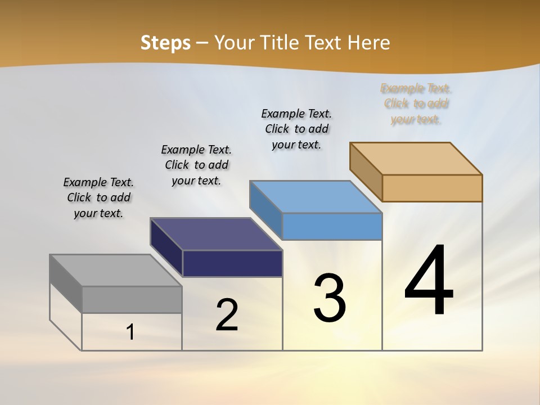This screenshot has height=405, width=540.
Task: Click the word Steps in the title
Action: (x=165, y=43)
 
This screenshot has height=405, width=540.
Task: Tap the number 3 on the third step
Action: (x=330, y=298)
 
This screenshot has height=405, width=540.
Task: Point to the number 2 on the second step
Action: (x=227, y=314)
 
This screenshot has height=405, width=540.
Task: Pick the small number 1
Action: (x=130, y=332)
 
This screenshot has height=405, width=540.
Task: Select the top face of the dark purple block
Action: (x=217, y=234)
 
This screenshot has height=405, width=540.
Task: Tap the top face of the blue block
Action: (x=316, y=197)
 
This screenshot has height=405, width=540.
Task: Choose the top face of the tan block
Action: (x=416, y=159)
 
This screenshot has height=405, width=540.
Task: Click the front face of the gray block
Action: (x=132, y=299)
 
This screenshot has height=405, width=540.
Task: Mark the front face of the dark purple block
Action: (x=232, y=263)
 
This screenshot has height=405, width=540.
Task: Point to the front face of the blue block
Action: (x=332, y=226)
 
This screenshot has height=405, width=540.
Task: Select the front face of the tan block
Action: (x=432, y=188)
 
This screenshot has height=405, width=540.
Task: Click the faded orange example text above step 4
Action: (x=416, y=103)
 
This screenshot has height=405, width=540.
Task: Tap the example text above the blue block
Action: (x=296, y=129)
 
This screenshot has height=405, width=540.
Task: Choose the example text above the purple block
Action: (x=196, y=165)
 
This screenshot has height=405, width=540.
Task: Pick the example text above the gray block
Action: (x=98, y=197)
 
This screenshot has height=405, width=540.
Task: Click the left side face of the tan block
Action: (x=366, y=172)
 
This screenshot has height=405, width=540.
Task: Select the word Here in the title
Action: (x=369, y=43)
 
